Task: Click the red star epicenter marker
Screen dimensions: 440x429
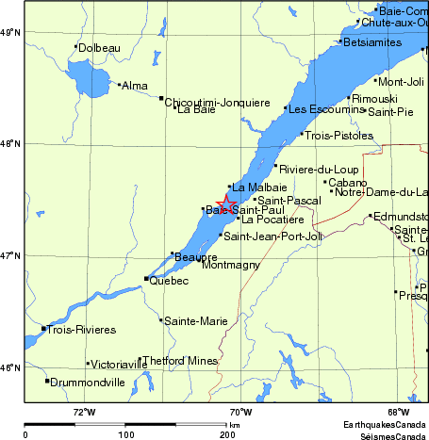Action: tap(227, 204)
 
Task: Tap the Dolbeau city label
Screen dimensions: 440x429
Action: tap(100, 47)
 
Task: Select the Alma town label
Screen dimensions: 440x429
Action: tap(136, 86)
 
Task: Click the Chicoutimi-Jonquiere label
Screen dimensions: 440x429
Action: tap(218, 102)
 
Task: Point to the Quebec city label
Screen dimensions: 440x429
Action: tap(169, 281)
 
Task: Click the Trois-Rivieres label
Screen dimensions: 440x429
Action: tap(81, 330)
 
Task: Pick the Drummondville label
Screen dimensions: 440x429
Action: tap(87, 383)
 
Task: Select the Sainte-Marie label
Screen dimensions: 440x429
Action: tap(195, 321)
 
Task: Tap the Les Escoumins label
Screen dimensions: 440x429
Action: tap(323, 109)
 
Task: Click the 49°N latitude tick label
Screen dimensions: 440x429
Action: tap(10, 32)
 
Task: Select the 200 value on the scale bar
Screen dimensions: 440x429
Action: tap(227, 434)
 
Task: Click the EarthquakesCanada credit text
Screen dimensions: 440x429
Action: tap(386, 425)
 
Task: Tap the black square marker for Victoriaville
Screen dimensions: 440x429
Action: tap(89, 364)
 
